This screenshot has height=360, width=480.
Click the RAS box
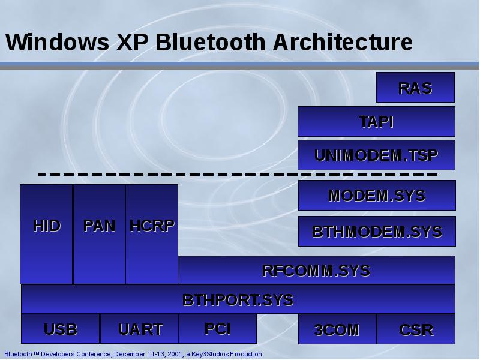tap(415, 88)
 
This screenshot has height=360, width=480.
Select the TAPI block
tap(376, 121)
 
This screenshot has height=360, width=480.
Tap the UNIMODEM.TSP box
tap(376, 155)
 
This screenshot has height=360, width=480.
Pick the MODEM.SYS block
tap(377, 196)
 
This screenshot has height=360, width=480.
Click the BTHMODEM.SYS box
tap(377, 232)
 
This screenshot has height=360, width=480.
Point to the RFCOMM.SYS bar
tap(316, 270)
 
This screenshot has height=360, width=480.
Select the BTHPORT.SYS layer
tap(238, 299)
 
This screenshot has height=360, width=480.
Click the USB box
tap(60, 329)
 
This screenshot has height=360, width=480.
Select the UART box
tap(139, 329)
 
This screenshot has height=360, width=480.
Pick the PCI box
tap(217, 328)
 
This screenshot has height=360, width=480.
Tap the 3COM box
tap(337, 329)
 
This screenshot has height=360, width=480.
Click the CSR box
tap(416, 329)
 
